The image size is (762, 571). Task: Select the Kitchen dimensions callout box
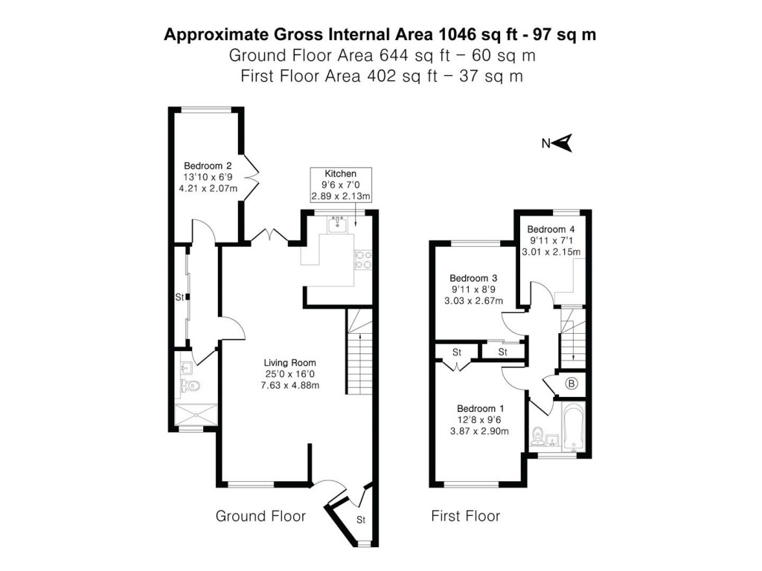pos(340,184)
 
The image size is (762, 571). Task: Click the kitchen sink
pos(339,223)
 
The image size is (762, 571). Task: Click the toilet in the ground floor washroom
pos(190,385)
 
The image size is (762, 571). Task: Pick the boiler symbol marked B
pos(571,384)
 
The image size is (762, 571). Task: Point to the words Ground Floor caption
pos(260,516)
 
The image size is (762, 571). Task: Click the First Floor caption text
pos(465,516)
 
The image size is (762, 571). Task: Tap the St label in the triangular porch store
pos(360,519)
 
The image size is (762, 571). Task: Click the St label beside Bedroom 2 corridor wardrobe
pos(179,297)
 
